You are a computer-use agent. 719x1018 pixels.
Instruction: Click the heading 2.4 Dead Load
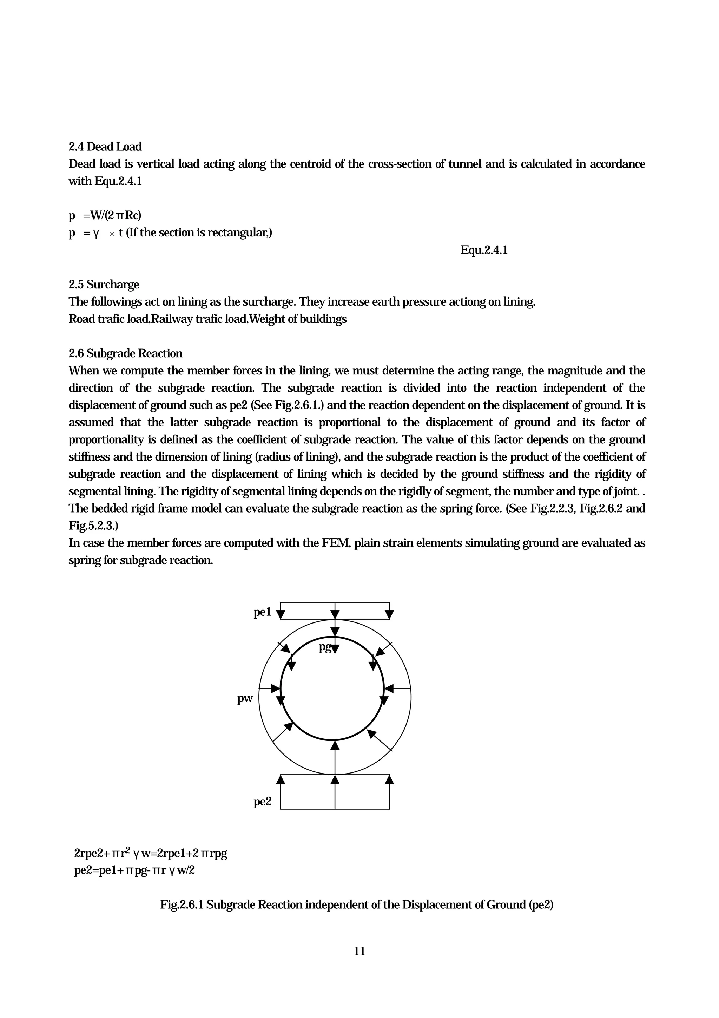[105, 147]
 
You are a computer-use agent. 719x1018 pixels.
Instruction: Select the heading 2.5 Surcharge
[104, 285]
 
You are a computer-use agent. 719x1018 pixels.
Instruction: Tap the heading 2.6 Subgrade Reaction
[125, 354]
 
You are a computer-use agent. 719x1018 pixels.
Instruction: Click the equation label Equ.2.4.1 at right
[484, 250]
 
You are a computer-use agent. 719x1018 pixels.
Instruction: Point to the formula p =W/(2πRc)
[105, 216]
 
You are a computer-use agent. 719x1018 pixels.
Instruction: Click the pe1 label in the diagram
[262, 612]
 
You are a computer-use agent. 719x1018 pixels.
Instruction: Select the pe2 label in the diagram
[262, 802]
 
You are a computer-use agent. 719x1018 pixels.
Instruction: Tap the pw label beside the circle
[245, 699]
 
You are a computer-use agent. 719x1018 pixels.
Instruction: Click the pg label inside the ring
[325, 647]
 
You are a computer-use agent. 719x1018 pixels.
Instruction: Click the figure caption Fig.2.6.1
[357, 905]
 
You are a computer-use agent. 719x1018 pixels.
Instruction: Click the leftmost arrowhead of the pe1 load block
[281, 614]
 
